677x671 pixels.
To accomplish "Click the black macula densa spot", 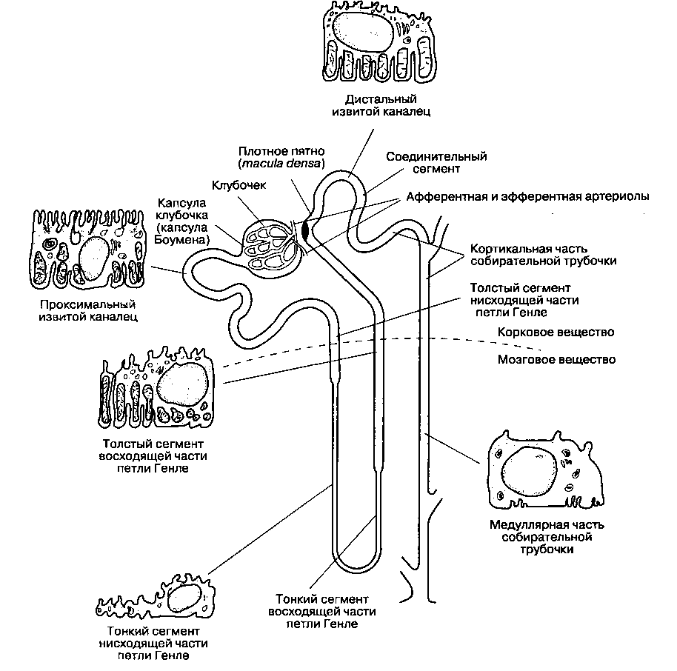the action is (x=306, y=230).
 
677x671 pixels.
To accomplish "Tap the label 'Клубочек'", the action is (x=239, y=185).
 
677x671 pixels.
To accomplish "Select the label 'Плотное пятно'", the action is (x=281, y=151).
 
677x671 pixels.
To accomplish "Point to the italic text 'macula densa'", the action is (x=281, y=163).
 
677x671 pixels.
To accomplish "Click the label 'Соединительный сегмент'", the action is (x=436, y=162).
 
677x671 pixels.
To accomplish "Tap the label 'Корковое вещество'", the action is (x=556, y=332).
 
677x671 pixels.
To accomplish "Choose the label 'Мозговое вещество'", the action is (x=556, y=359).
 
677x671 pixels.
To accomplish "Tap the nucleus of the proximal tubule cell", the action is (x=95, y=258).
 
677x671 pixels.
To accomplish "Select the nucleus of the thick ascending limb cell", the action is (x=183, y=385).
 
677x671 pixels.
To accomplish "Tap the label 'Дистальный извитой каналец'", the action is (x=381, y=105).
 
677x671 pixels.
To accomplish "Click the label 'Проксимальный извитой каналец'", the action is (x=88, y=310).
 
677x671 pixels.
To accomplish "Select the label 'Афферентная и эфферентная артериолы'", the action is (x=527, y=196).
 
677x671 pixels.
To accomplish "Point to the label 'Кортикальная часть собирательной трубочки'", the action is (x=543, y=255).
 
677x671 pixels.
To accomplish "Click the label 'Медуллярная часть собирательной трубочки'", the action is (x=547, y=537).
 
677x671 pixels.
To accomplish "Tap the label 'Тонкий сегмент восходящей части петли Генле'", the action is (x=322, y=612).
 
